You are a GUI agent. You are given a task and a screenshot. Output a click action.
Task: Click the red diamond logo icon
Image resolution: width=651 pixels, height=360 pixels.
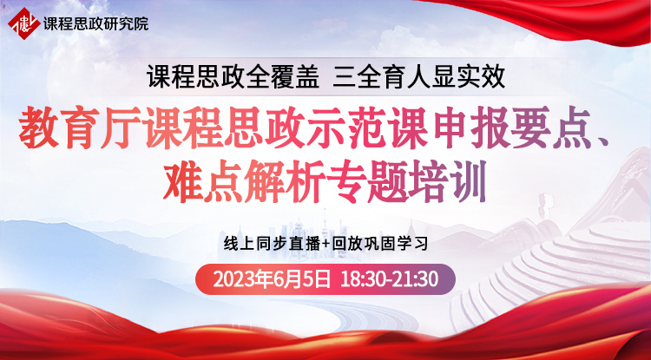tap(24, 23)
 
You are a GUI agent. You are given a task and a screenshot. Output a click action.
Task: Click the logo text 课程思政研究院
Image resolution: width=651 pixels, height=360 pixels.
tap(95, 23)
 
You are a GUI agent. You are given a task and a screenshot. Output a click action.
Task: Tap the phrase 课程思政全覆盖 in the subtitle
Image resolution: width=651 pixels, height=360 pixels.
tap(233, 77)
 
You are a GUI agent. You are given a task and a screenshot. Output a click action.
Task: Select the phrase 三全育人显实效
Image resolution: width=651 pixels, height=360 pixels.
tap(418, 77)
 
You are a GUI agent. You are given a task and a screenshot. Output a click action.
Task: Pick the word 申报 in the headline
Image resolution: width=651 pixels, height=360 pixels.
tap(468, 128)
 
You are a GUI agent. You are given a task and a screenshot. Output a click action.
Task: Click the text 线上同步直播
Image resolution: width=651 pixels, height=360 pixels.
tap(273, 244)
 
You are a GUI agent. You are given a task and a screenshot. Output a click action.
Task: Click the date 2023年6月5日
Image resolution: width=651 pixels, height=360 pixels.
tap(272, 279)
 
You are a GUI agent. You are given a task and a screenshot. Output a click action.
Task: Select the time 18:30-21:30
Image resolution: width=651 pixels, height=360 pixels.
tap(390, 279)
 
